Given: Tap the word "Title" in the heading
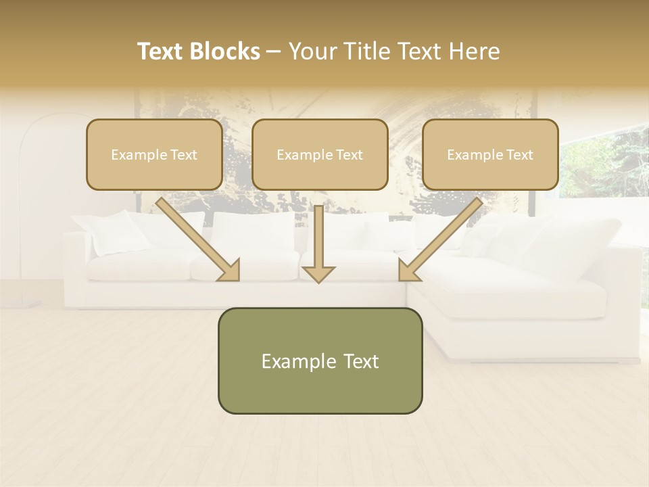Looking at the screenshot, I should (x=368, y=51).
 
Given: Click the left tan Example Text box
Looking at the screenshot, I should (x=154, y=154).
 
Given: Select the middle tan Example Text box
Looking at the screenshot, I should (x=320, y=154).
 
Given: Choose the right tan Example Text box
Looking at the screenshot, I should (x=490, y=154).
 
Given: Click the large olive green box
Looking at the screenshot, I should (x=320, y=361).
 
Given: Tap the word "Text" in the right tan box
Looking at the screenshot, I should (x=519, y=155).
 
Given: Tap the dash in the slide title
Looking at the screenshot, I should (x=274, y=51).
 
